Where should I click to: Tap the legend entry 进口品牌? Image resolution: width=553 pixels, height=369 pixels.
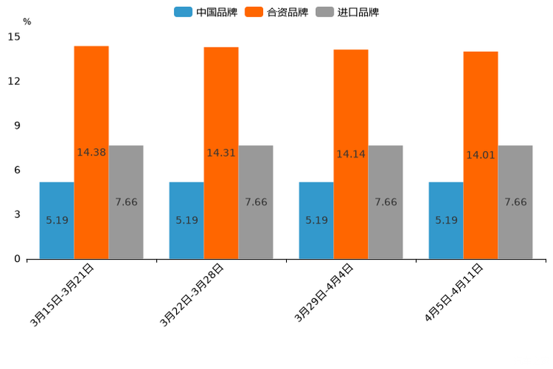(x=347, y=12)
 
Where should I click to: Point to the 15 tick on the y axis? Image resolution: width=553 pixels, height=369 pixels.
(x=14, y=36)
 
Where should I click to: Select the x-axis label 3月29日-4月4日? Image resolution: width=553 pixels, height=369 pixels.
(x=324, y=292)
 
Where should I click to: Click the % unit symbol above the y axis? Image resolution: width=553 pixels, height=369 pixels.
(x=27, y=22)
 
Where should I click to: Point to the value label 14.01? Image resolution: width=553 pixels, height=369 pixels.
(x=480, y=155)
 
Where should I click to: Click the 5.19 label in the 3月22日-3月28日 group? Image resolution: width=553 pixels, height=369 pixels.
(x=187, y=220)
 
